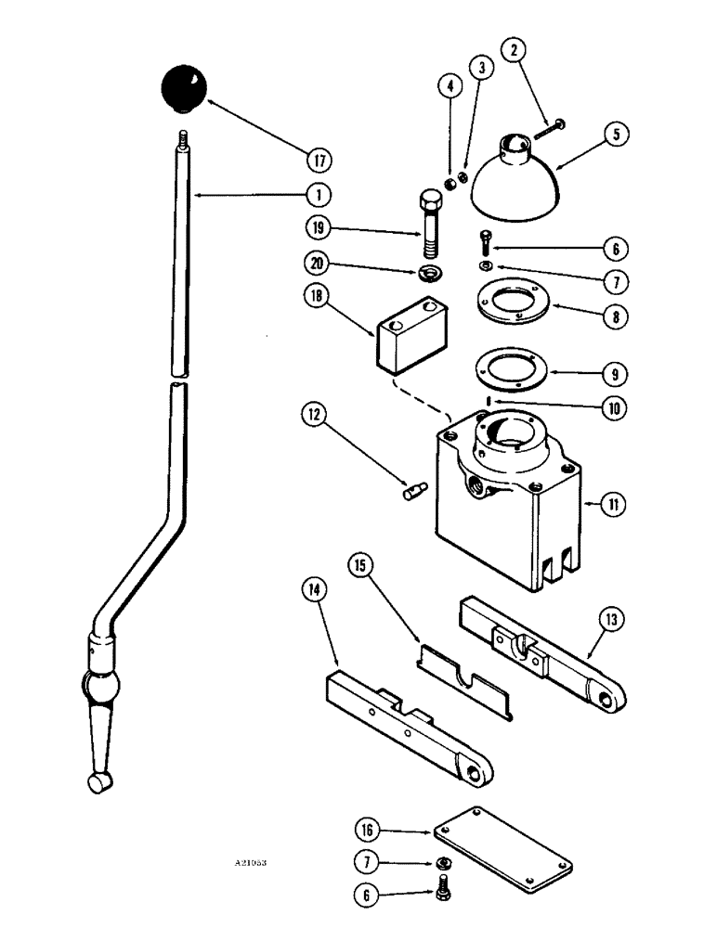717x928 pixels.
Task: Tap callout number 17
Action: (319, 161)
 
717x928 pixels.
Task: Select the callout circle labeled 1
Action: (319, 196)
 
